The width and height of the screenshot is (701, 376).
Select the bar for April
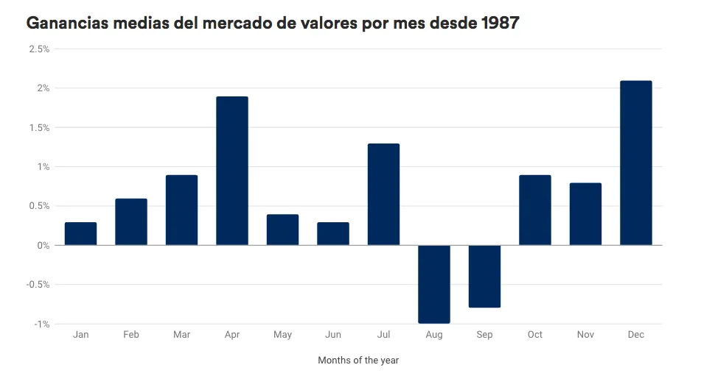(232, 171)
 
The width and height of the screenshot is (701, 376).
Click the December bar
(635, 163)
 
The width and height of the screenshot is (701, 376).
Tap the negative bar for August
(433, 284)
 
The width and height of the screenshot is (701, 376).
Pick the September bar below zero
(484, 276)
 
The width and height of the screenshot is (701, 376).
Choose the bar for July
(383, 194)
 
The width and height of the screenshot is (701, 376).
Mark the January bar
(80, 233)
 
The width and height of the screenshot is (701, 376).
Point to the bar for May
(282, 230)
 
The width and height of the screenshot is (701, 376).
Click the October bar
(534, 210)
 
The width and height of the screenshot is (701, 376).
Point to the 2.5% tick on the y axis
(39, 49)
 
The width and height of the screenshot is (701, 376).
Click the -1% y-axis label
(41, 324)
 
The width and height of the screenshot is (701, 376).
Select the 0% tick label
(43, 246)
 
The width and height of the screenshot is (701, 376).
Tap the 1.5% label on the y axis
(39, 128)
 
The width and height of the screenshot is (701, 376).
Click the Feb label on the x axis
(131, 335)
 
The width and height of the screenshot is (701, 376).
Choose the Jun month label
(333, 335)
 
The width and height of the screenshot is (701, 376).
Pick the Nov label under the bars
(585, 335)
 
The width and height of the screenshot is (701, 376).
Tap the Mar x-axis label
(181, 335)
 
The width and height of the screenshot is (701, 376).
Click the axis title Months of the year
(358, 361)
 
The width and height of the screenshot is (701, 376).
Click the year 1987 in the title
(500, 23)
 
